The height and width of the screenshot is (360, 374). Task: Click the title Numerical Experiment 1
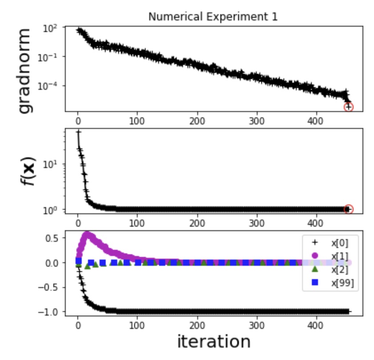213,17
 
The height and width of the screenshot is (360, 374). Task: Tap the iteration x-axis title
214,341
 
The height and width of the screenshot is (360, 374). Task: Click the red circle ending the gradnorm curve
349,107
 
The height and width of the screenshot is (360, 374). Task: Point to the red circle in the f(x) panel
349,209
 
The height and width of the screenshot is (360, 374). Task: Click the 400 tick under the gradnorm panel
316,120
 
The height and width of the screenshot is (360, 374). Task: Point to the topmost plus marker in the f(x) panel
79,132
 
